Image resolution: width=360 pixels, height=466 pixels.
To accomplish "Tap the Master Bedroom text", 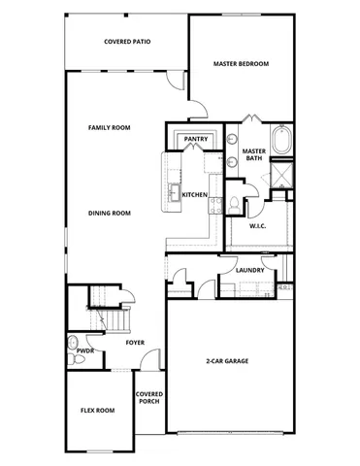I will click(x=240, y=64).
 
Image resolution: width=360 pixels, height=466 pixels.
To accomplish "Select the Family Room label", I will click(x=109, y=127).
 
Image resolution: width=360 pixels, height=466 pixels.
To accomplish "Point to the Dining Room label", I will click(x=109, y=213).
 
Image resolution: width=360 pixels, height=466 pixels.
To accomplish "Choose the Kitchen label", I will click(x=194, y=195).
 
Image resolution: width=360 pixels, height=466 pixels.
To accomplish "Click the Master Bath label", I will click(x=254, y=155).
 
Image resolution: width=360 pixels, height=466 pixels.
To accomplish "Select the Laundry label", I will click(x=249, y=269).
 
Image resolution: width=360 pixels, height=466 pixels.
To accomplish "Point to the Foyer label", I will click(x=136, y=342).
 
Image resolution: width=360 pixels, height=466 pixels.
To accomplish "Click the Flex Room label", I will click(x=97, y=411).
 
